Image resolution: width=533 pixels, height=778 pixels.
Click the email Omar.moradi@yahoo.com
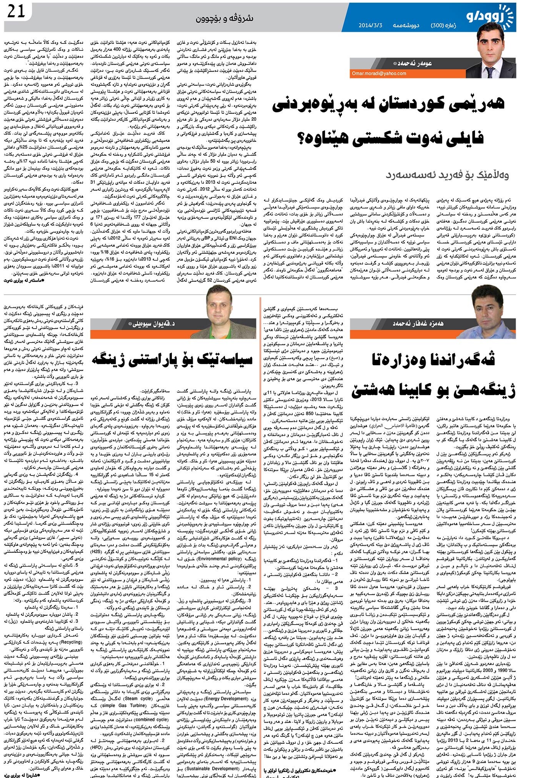[374, 73]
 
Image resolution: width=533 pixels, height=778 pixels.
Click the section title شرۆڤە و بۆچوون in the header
[225, 18]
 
